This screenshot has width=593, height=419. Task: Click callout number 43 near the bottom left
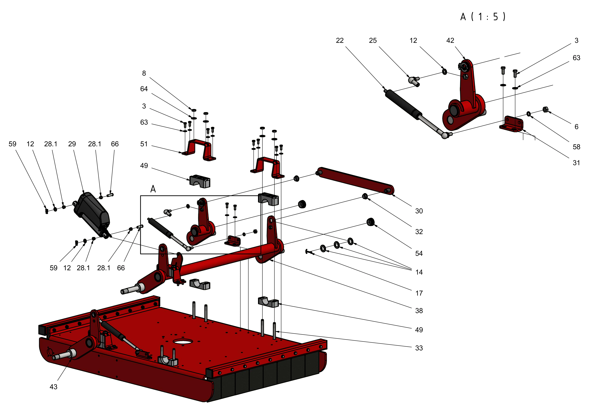[54, 387]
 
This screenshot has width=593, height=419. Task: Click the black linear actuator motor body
[92, 212]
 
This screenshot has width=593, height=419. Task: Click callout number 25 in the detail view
[373, 41]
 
